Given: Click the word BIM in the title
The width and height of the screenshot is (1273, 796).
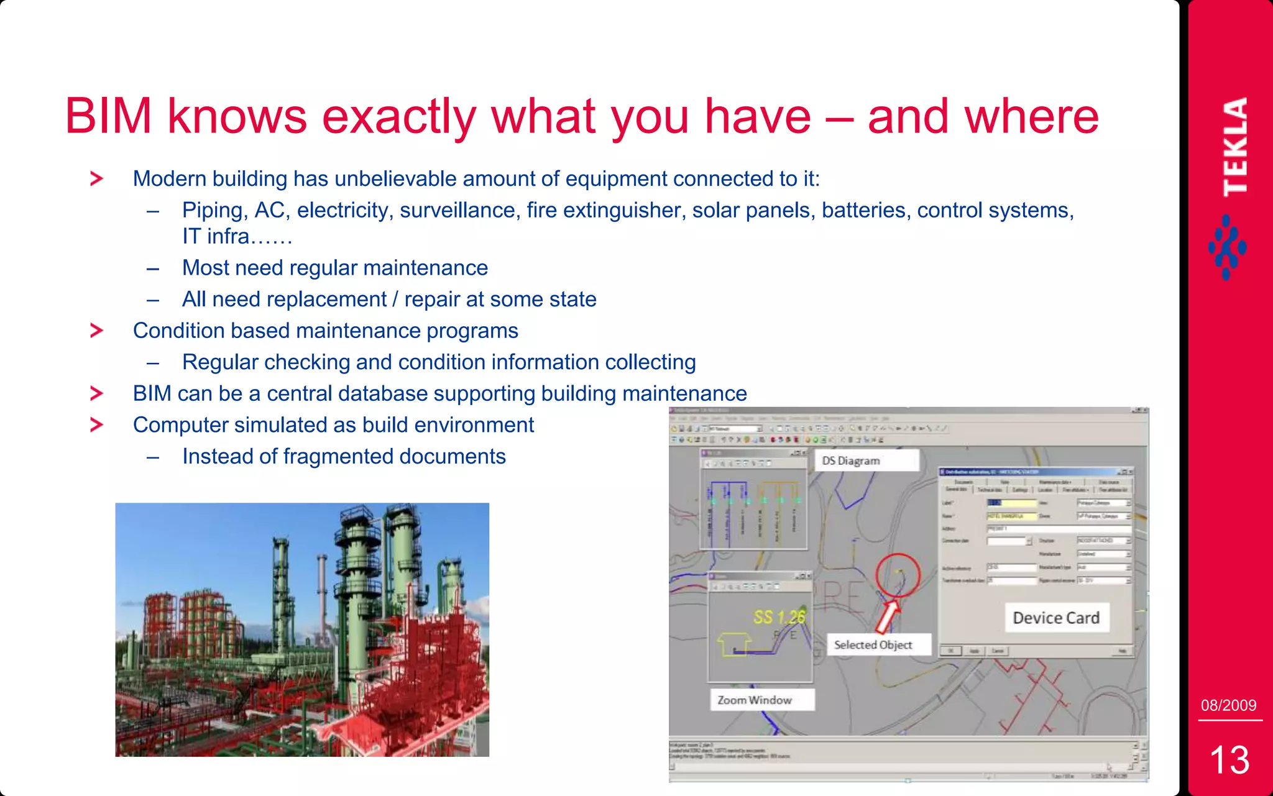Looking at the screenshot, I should [x=108, y=116].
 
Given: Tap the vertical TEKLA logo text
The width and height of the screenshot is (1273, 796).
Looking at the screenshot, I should [x=1234, y=147].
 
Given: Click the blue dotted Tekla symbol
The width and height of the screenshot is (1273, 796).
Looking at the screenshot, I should [x=1226, y=247].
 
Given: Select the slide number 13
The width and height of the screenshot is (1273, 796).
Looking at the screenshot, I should [x=1229, y=759].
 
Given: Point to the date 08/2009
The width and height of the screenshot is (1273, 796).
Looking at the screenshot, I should [x=1228, y=705].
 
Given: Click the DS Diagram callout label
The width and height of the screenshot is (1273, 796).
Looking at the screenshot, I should [x=851, y=460].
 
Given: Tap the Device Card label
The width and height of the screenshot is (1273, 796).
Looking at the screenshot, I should [x=1055, y=618].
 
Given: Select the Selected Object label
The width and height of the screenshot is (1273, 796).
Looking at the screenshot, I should [x=873, y=645].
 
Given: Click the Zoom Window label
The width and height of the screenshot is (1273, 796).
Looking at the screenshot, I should [x=755, y=700].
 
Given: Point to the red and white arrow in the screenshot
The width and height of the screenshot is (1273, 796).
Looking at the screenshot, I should [x=887, y=615].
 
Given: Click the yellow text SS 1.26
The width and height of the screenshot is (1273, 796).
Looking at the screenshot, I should [x=779, y=617].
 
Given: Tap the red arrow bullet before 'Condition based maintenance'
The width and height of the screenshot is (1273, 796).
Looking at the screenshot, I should [x=96, y=331].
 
